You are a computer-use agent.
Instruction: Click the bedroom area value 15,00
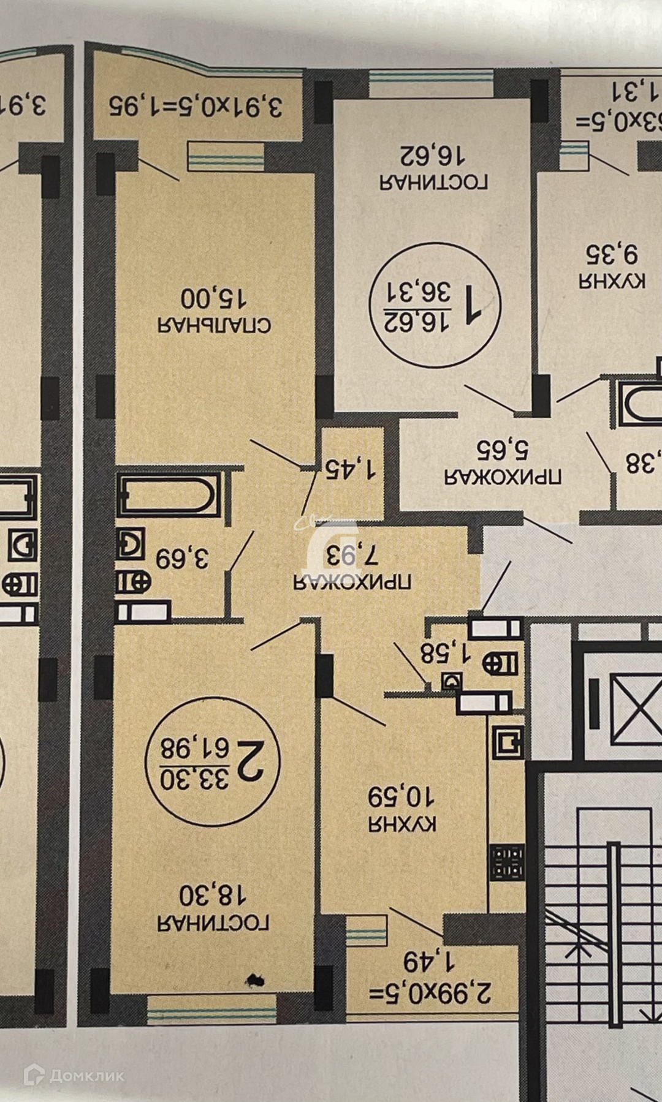pos(213,298)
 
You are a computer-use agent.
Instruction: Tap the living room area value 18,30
pos(213,896)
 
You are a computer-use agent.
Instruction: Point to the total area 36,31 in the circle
pos(418,290)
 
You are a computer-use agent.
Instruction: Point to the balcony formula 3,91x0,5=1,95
pos(196,106)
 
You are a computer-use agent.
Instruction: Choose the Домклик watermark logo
pos(74,1075)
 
